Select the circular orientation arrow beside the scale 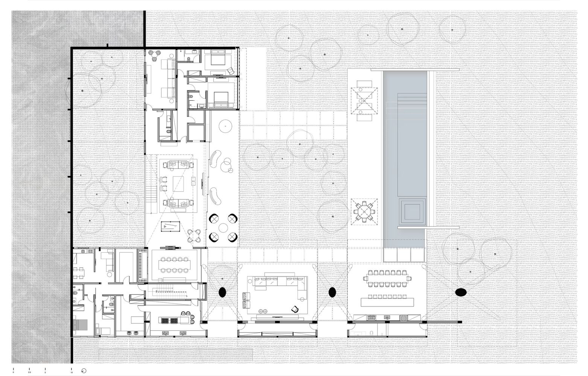tap(84, 371)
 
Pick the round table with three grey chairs tap(155, 55)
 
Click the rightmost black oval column tap(461, 292)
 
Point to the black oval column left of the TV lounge tap(222, 292)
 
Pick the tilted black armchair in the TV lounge tap(294, 309)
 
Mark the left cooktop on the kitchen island tap(165, 321)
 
